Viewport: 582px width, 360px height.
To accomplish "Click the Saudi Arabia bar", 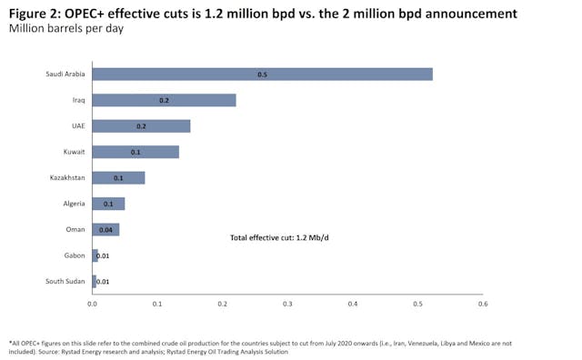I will pyautogui.click(x=262, y=74).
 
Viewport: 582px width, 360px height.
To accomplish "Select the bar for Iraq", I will pyautogui.click(x=164, y=100).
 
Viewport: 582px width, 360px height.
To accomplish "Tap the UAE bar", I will pyautogui.click(x=141, y=125).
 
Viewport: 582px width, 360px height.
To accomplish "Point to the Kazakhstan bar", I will pyautogui.click(x=118, y=177).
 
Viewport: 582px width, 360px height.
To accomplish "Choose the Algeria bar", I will pyautogui.click(x=108, y=204).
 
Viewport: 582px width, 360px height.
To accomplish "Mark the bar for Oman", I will pyautogui.click(x=105, y=229).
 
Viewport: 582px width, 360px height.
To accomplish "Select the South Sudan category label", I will pyautogui.click(x=65, y=282).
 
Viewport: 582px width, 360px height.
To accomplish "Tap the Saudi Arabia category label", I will pyautogui.click(x=65, y=74).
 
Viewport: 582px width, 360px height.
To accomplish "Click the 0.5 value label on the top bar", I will pyautogui.click(x=262, y=74).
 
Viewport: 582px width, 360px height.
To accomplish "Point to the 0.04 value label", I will pyautogui.click(x=105, y=230).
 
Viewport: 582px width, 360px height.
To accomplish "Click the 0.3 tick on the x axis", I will pyautogui.click(x=287, y=304).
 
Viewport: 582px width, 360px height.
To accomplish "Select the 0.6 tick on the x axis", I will pyautogui.click(x=483, y=304).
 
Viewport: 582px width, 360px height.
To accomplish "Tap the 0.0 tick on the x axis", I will pyautogui.click(x=92, y=304).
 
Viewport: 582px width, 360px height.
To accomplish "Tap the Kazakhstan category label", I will pyautogui.click(x=67, y=177).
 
